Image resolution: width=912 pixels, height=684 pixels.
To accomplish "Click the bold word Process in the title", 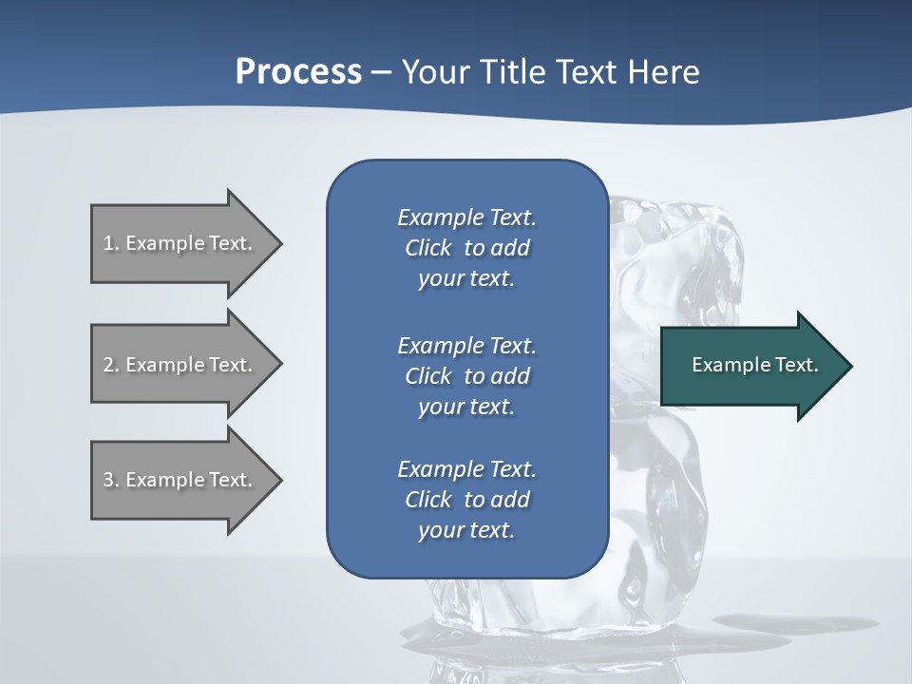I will (298, 72).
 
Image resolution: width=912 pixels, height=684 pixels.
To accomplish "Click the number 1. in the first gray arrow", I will (111, 243).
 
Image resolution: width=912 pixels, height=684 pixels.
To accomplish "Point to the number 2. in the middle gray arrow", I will (111, 365).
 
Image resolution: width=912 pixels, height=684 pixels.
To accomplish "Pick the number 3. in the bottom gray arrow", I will (111, 480).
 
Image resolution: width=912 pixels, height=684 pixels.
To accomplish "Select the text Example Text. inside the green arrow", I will (755, 365).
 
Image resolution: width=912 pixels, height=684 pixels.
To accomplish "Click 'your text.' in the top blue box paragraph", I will (466, 278).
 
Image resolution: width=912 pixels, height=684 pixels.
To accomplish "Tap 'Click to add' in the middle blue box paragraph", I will (466, 376).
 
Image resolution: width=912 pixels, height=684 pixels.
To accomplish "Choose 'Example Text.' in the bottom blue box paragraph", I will (466, 469).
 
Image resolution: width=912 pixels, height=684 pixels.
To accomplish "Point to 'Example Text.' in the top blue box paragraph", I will (466, 218).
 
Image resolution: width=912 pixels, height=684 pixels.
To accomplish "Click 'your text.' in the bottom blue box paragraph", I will (466, 530).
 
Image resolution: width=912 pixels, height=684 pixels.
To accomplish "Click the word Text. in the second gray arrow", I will (231, 365).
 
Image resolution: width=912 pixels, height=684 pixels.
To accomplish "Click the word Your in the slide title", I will (437, 72).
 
